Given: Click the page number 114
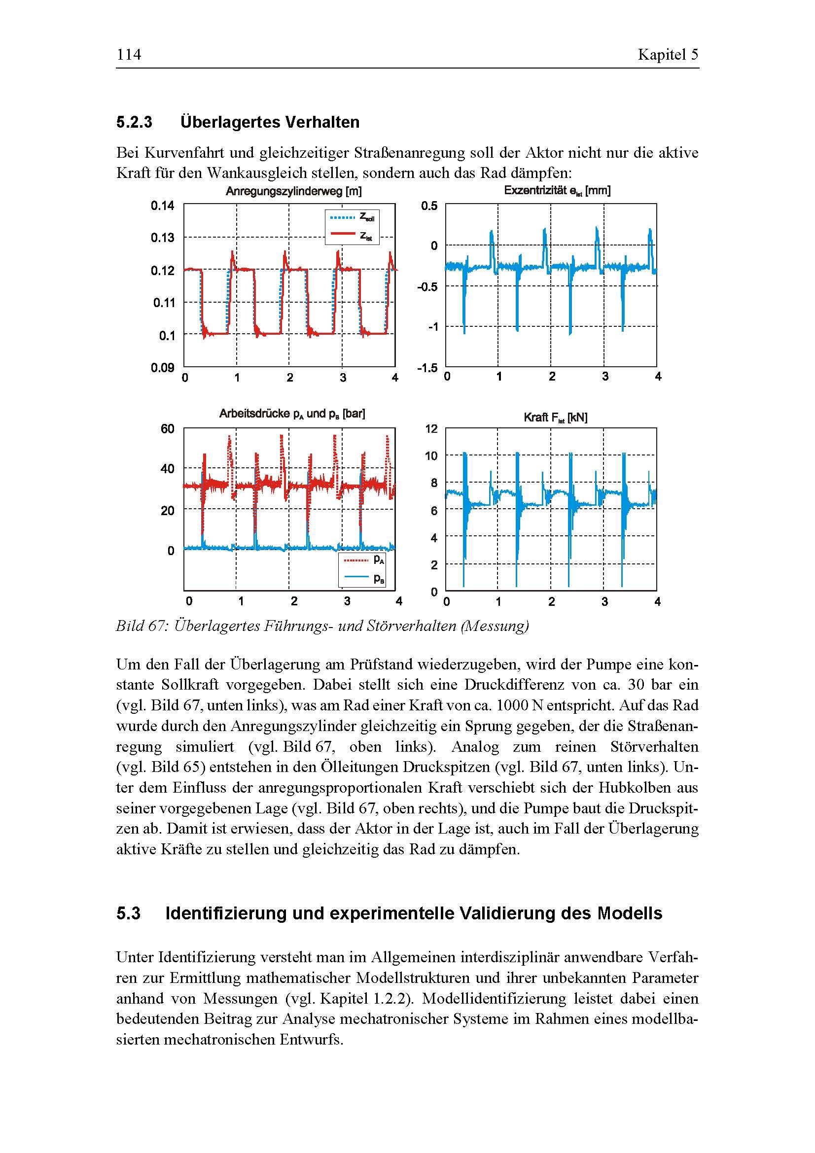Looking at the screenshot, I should click(129, 54).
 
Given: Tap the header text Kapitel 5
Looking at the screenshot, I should click(668, 54).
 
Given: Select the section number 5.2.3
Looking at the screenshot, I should click(134, 122).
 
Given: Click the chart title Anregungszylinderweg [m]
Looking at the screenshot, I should click(293, 191).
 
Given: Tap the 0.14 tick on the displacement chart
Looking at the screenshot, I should click(162, 206).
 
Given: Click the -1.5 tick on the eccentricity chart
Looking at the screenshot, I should click(427, 368).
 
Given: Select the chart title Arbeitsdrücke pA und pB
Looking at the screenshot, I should click(292, 414).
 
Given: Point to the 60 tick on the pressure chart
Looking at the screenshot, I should click(167, 429).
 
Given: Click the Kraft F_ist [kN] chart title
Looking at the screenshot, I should click(555, 418).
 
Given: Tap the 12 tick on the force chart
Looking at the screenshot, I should click(431, 429).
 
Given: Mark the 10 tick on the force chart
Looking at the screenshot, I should click(431, 456).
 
